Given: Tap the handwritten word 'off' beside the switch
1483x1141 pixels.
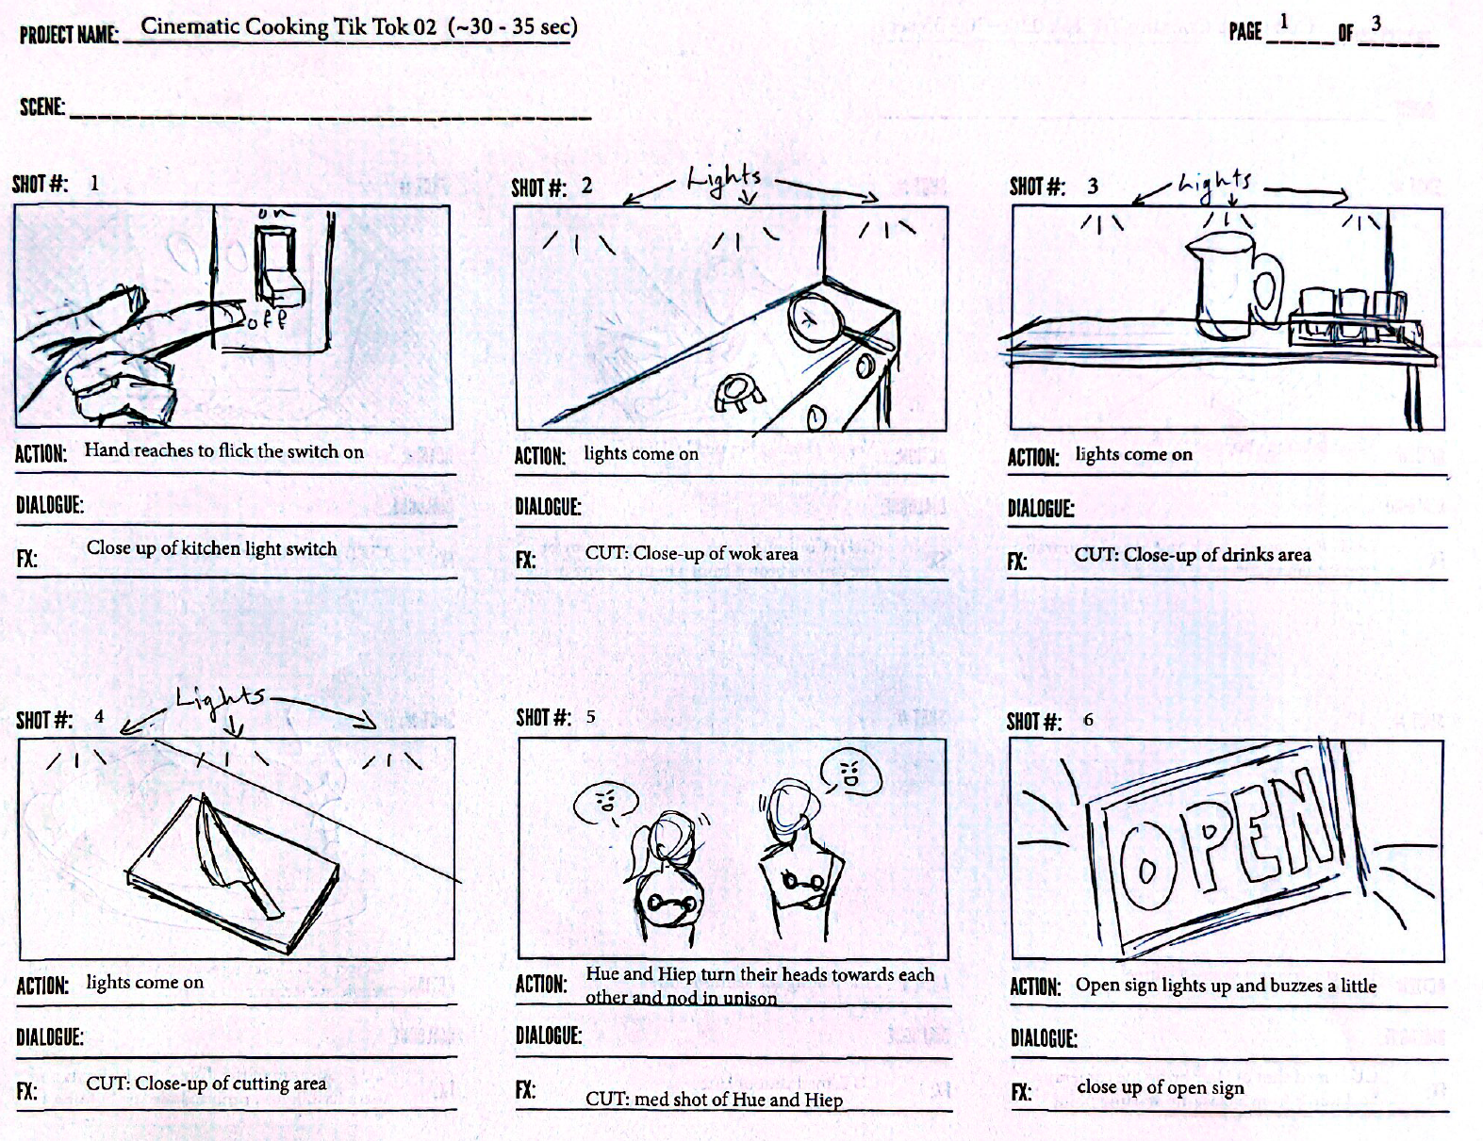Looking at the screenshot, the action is (266, 319).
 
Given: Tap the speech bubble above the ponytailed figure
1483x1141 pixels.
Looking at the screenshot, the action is (605, 804).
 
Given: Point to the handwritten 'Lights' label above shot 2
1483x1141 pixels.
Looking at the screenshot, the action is (724, 178).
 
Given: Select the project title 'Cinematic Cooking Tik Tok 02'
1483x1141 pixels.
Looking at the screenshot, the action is (288, 26).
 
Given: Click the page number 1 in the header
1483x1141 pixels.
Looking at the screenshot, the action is (1284, 23).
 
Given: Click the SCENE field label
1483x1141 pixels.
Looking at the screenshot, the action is (42, 107).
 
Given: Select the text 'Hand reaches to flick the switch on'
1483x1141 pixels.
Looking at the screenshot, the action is (223, 450).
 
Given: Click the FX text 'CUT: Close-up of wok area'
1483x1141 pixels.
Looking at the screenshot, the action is (691, 553).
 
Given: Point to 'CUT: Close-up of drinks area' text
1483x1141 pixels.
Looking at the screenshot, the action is (1193, 554).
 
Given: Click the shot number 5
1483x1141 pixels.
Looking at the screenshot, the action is (590, 717).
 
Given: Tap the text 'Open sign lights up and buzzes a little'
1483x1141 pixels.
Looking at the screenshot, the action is (1226, 985).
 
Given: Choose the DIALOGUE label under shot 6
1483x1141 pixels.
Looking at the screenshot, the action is (1044, 1038).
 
